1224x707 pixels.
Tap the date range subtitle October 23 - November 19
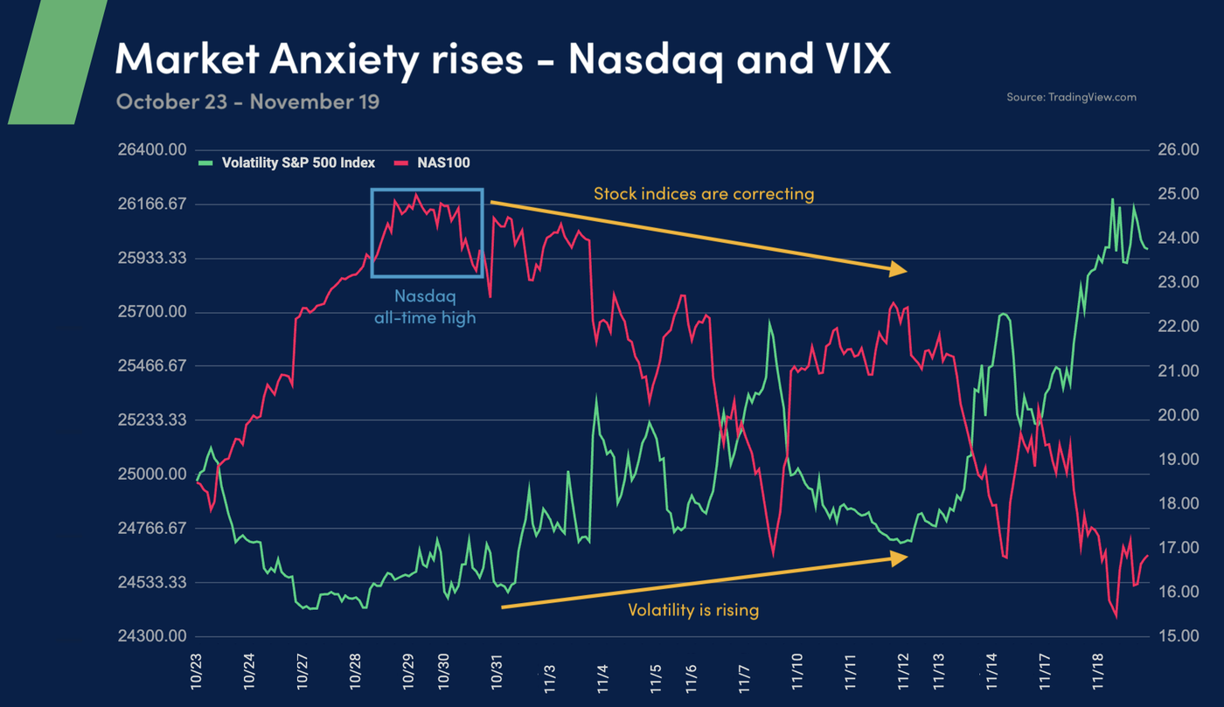[x=247, y=101]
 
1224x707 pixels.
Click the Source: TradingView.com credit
[x=1071, y=97]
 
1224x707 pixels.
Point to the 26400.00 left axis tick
[x=153, y=150]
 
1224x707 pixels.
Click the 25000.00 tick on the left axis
[x=153, y=475]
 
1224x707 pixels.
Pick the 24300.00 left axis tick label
[x=153, y=636]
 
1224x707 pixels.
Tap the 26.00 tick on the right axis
[x=1179, y=150]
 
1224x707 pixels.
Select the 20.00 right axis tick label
[x=1179, y=415]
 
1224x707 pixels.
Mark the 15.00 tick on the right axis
[x=1179, y=636]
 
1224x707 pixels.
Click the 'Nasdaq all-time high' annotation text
[x=426, y=308]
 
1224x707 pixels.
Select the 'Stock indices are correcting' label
[x=704, y=194]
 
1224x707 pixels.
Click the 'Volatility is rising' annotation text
[x=693, y=610]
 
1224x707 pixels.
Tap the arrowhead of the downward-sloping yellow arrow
[x=899, y=270]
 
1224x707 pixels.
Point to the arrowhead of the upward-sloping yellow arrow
[x=899, y=558]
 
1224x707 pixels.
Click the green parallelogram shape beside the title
[x=57, y=61]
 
